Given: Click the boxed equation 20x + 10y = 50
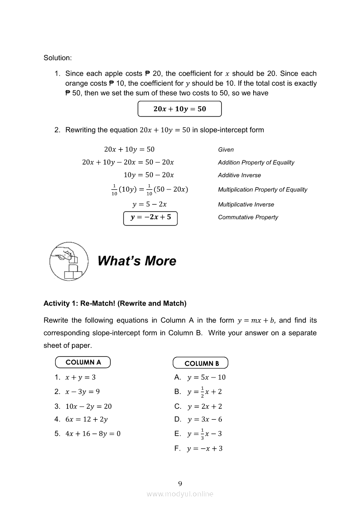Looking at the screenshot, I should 180,109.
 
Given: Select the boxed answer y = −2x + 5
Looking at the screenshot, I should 151,218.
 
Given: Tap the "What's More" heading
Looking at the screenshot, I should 137,261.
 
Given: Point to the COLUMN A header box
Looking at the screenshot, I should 83,362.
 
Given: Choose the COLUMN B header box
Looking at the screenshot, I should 200,363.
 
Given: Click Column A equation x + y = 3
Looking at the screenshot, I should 81,378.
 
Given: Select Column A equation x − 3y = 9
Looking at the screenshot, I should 83,391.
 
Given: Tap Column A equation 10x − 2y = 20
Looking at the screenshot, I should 88,406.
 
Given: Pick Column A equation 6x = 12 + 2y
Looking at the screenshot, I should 86,419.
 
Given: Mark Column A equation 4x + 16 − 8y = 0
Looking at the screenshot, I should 93,434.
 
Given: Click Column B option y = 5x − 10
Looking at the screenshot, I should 206,378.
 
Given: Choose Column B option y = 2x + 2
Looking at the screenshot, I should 204,406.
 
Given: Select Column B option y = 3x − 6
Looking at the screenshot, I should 204,419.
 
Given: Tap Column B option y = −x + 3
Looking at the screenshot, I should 205,448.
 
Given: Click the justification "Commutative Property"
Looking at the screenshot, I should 248,217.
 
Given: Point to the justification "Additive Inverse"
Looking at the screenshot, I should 239,175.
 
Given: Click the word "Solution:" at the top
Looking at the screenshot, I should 58,58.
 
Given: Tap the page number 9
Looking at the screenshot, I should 180,483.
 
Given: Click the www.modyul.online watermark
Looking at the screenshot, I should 180,494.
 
